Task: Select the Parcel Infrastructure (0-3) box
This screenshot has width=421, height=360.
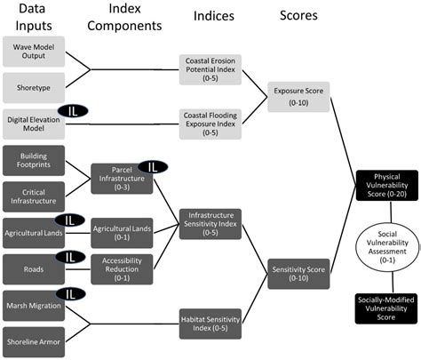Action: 122,178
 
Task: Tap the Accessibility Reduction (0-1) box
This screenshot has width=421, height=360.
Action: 122,266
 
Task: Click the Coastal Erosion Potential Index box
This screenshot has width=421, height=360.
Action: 209,68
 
